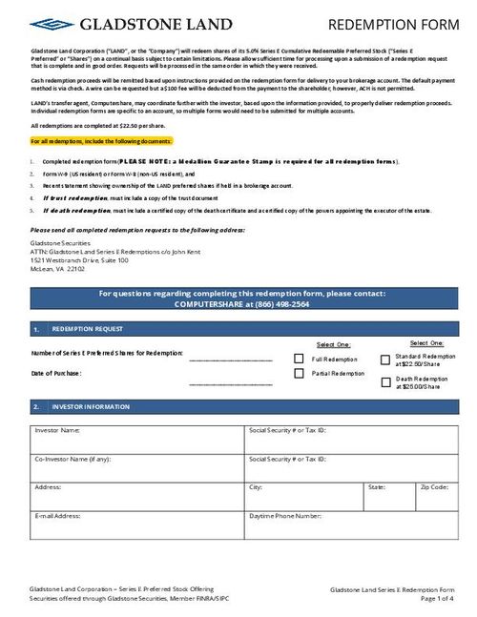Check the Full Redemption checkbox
click(300, 359)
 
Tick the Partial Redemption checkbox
click(300, 374)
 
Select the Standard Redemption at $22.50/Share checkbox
click(385, 360)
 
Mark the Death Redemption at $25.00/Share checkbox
click(385, 382)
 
